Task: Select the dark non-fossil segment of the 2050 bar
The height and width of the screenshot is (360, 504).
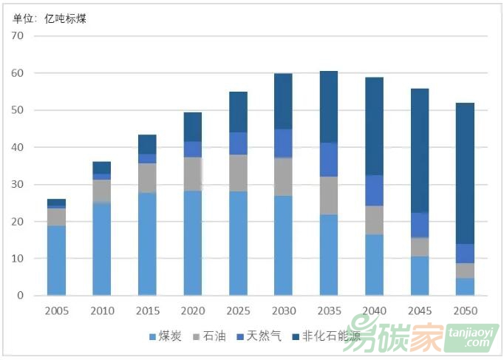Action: point(465,173)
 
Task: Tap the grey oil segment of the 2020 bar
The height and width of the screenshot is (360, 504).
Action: point(193,174)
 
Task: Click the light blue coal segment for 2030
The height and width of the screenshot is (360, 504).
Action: point(283,245)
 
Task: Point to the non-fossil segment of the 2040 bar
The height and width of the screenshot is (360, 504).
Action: point(374,126)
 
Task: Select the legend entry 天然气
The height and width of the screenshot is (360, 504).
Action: point(259,336)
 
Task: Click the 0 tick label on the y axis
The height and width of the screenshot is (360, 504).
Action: point(21,296)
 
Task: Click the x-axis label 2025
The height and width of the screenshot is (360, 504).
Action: point(238,310)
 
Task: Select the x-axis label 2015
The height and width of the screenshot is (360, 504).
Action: point(147,310)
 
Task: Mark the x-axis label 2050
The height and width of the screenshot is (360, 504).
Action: point(465,310)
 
